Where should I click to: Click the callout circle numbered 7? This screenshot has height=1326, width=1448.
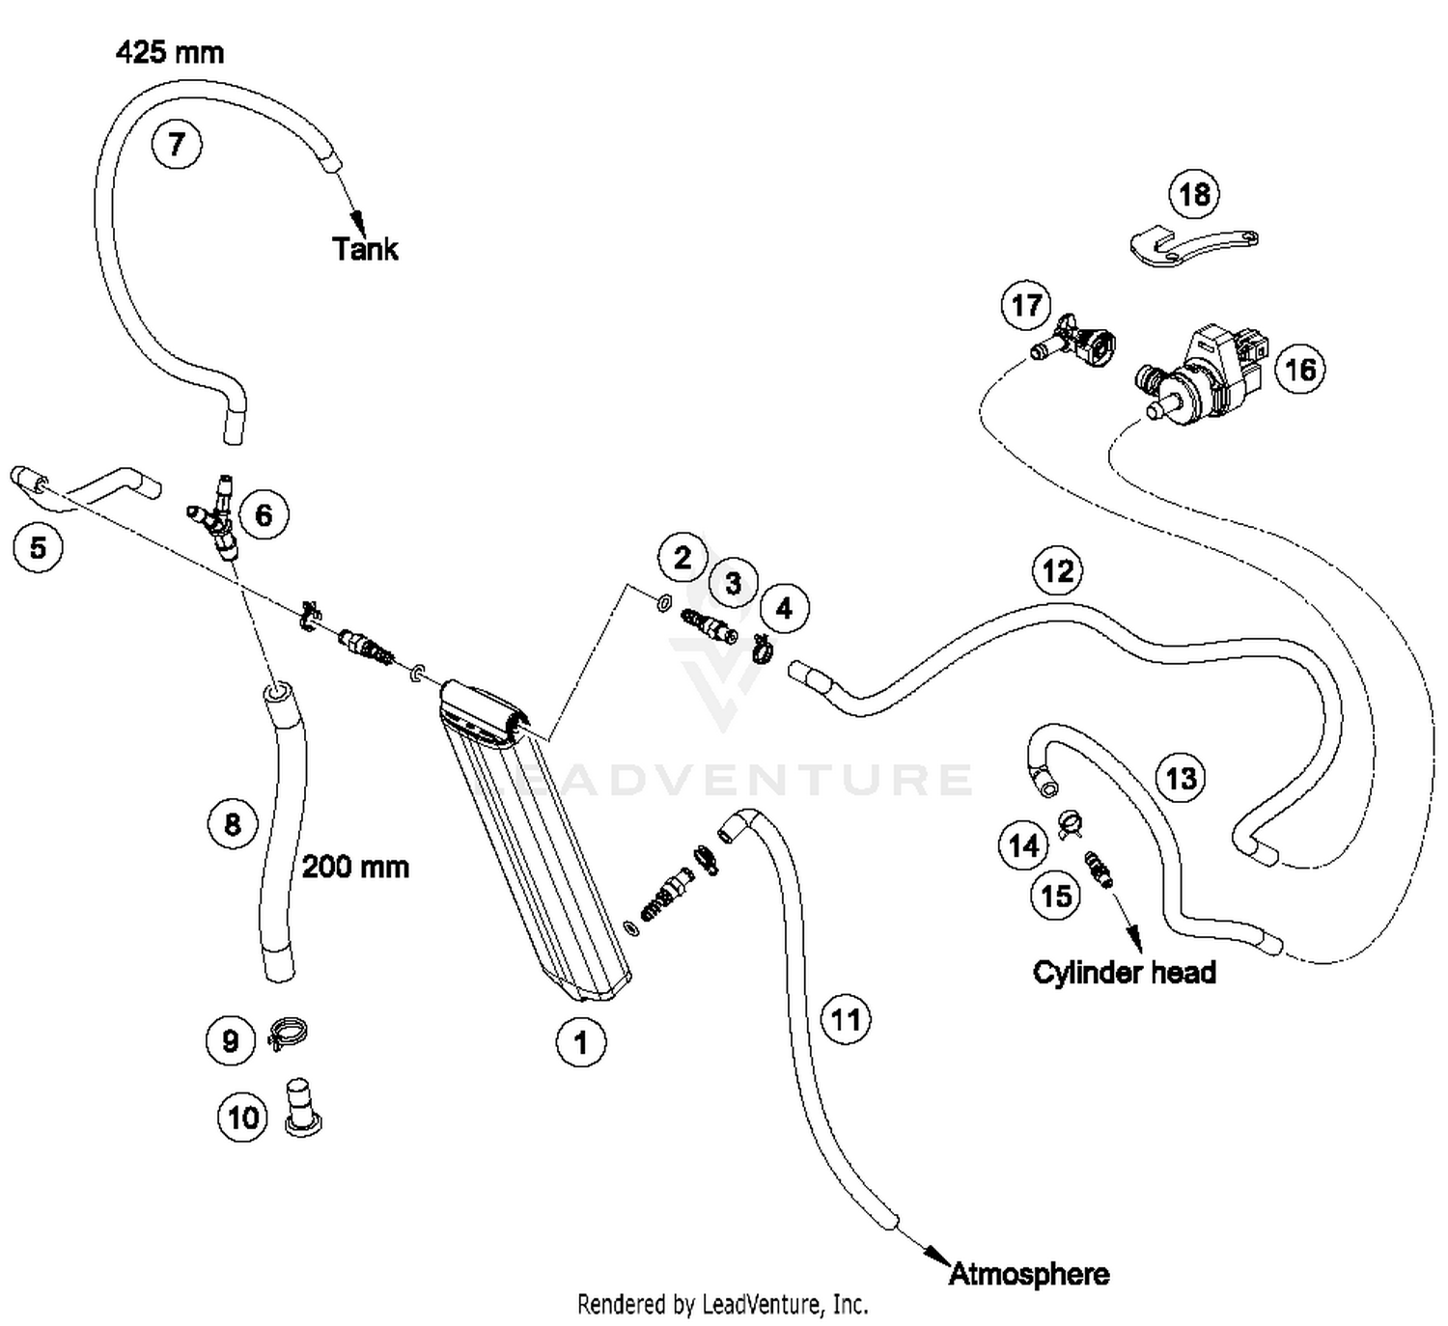pos(177,145)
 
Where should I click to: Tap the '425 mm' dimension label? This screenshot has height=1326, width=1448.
pos(170,53)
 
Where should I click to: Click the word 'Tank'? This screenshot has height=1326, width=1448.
pos(365,249)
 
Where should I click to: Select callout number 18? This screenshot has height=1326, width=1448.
pos(1194,194)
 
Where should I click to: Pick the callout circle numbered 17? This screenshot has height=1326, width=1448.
pos(1026,305)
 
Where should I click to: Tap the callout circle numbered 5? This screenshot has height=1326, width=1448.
pos(39,548)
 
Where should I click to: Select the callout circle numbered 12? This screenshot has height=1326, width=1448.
pos(1057,571)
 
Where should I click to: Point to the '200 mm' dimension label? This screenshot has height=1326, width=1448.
pos(355,867)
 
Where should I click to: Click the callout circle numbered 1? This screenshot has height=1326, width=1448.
pos(581,1042)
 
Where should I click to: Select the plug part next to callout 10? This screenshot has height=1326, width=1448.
pos(303,1108)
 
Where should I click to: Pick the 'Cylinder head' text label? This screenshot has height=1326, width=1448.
pos(1125,973)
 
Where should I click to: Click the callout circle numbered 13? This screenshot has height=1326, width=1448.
pos(1181,778)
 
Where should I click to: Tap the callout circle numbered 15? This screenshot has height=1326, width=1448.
pos(1057,896)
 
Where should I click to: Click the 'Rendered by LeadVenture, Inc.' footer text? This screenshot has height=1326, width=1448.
pos(723,1305)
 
